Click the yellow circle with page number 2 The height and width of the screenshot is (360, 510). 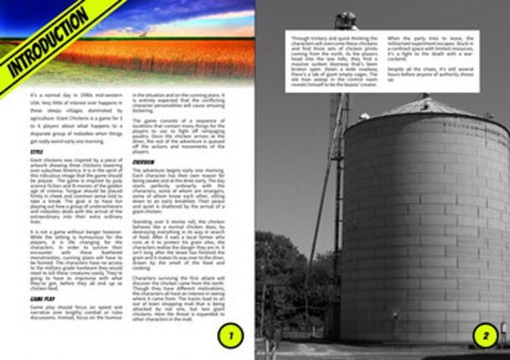tap(484, 336)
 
